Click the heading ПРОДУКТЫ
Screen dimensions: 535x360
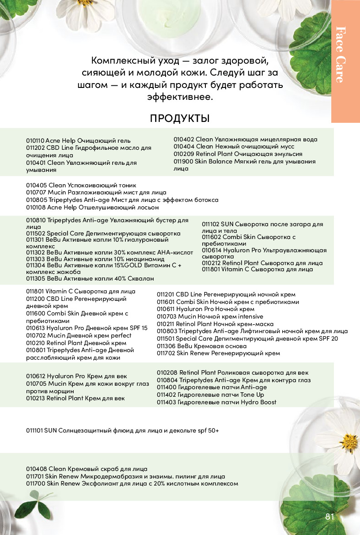tap(180, 118)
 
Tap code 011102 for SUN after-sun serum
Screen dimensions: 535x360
tap(210, 224)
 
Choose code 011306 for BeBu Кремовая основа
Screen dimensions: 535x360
tap(166, 346)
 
